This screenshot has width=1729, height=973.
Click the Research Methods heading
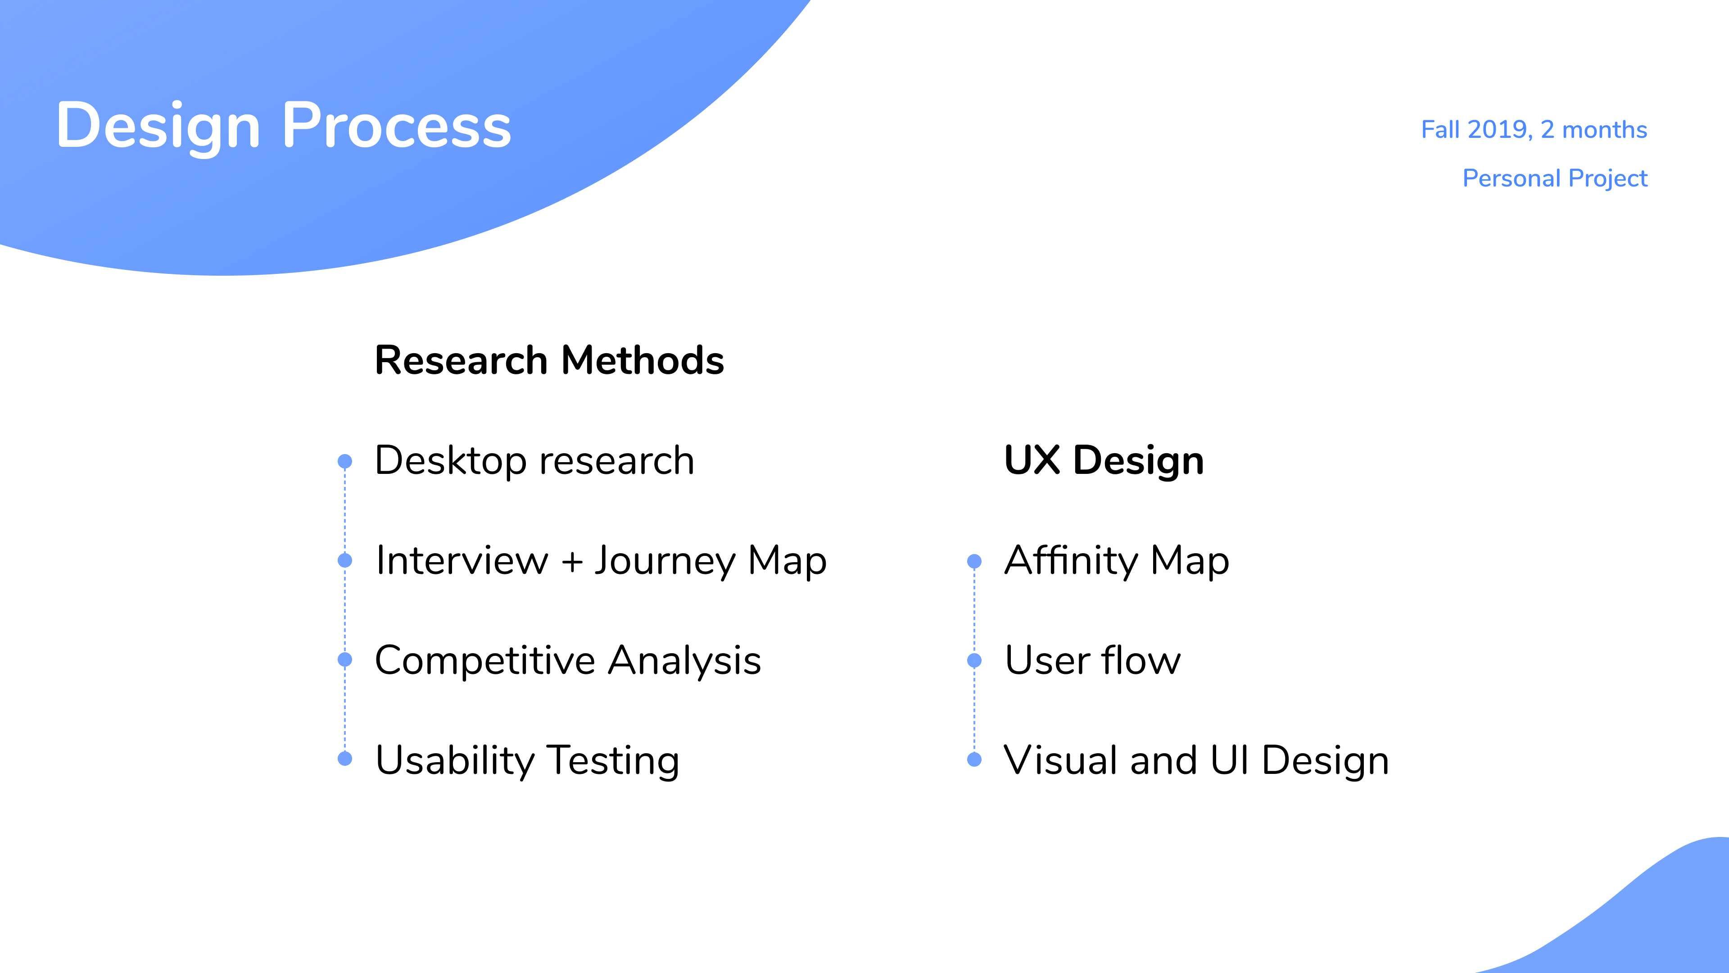[x=549, y=360]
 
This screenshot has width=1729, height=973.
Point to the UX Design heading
[x=1104, y=461]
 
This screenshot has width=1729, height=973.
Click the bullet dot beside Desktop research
[x=345, y=461]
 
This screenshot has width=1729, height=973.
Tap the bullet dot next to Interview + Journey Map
[x=345, y=560]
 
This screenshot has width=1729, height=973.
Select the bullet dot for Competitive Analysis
[x=345, y=659]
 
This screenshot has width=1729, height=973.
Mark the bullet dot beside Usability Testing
[x=345, y=759]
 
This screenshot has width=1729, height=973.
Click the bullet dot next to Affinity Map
[x=974, y=561]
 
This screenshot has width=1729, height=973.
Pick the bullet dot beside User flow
[x=974, y=660]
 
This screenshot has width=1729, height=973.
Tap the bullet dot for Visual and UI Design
[x=974, y=759]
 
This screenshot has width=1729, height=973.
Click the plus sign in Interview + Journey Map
[x=572, y=561]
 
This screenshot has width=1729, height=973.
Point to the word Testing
[x=612, y=761]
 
